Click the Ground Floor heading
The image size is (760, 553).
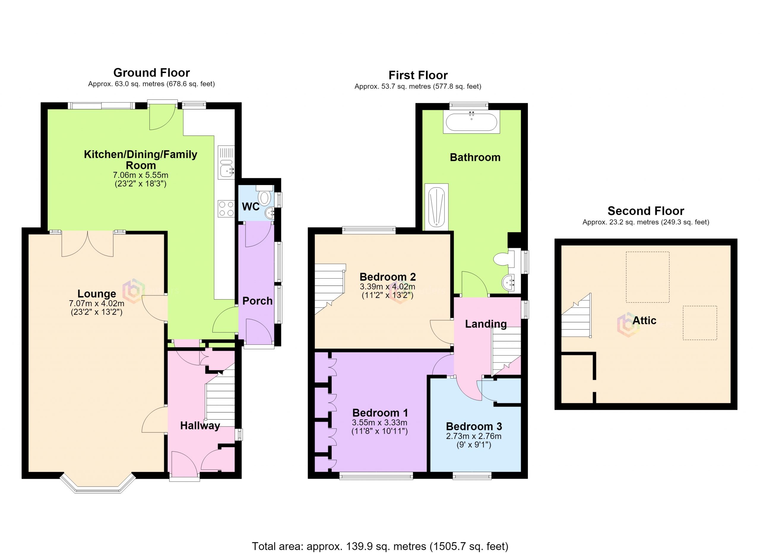151,73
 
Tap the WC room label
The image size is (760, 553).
251,206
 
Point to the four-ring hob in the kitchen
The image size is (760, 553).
226,208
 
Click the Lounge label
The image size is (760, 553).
96,294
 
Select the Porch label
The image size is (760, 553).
257,301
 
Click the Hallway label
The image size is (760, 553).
200,426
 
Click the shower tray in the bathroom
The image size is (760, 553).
436,207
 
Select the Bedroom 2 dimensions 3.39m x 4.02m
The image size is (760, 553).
387,287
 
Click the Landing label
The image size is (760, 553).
486,324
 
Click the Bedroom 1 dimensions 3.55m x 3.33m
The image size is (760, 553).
380,423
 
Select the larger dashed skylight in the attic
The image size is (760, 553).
648,277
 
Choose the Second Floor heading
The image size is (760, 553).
646,211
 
